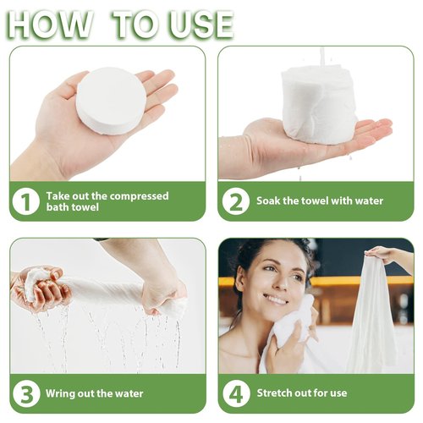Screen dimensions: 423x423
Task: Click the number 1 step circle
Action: [25, 201]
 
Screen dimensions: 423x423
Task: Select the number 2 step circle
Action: [236, 201]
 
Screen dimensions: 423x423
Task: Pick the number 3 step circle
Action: [26, 393]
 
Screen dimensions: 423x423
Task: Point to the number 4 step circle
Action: [236, 393]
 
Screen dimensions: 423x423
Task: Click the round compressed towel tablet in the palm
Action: [111, 101]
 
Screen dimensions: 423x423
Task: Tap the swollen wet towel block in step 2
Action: [319, 104]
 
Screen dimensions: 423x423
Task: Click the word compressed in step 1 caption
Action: [137, 196]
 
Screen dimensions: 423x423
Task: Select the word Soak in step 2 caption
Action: [268, 201]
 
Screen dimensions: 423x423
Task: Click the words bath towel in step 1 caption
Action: [73, 207]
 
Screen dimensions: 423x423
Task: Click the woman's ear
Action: [240, 279]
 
